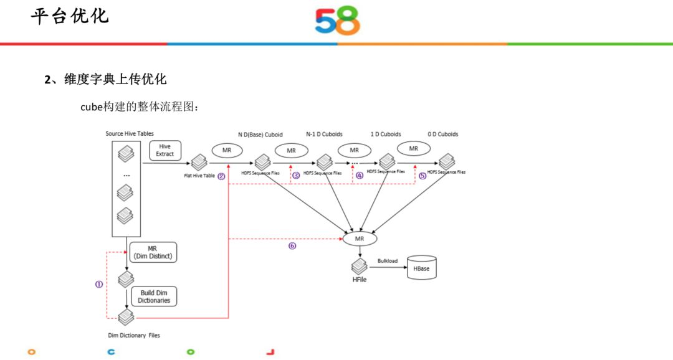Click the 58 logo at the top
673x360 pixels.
[337, 21]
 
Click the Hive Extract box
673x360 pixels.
[165, 150]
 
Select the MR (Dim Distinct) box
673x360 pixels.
[153, 252]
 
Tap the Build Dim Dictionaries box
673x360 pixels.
[154, 296]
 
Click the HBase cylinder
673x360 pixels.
[421, 268]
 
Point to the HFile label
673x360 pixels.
[360, 280]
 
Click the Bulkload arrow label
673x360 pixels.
[387, 261]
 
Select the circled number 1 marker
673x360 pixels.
[98, 283]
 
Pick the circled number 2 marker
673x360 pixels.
[221, 176]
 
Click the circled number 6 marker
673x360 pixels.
[292, 245]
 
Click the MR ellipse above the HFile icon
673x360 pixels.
[360, 239]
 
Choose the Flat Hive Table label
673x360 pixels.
[199, 176]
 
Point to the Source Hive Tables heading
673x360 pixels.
[130, 134]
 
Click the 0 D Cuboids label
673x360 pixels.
[443, 134]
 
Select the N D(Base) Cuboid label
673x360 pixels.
[260, 134]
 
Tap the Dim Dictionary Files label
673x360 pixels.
[134, 335]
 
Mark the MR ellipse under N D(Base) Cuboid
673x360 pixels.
[228, 150]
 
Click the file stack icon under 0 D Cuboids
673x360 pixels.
[446, 161]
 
